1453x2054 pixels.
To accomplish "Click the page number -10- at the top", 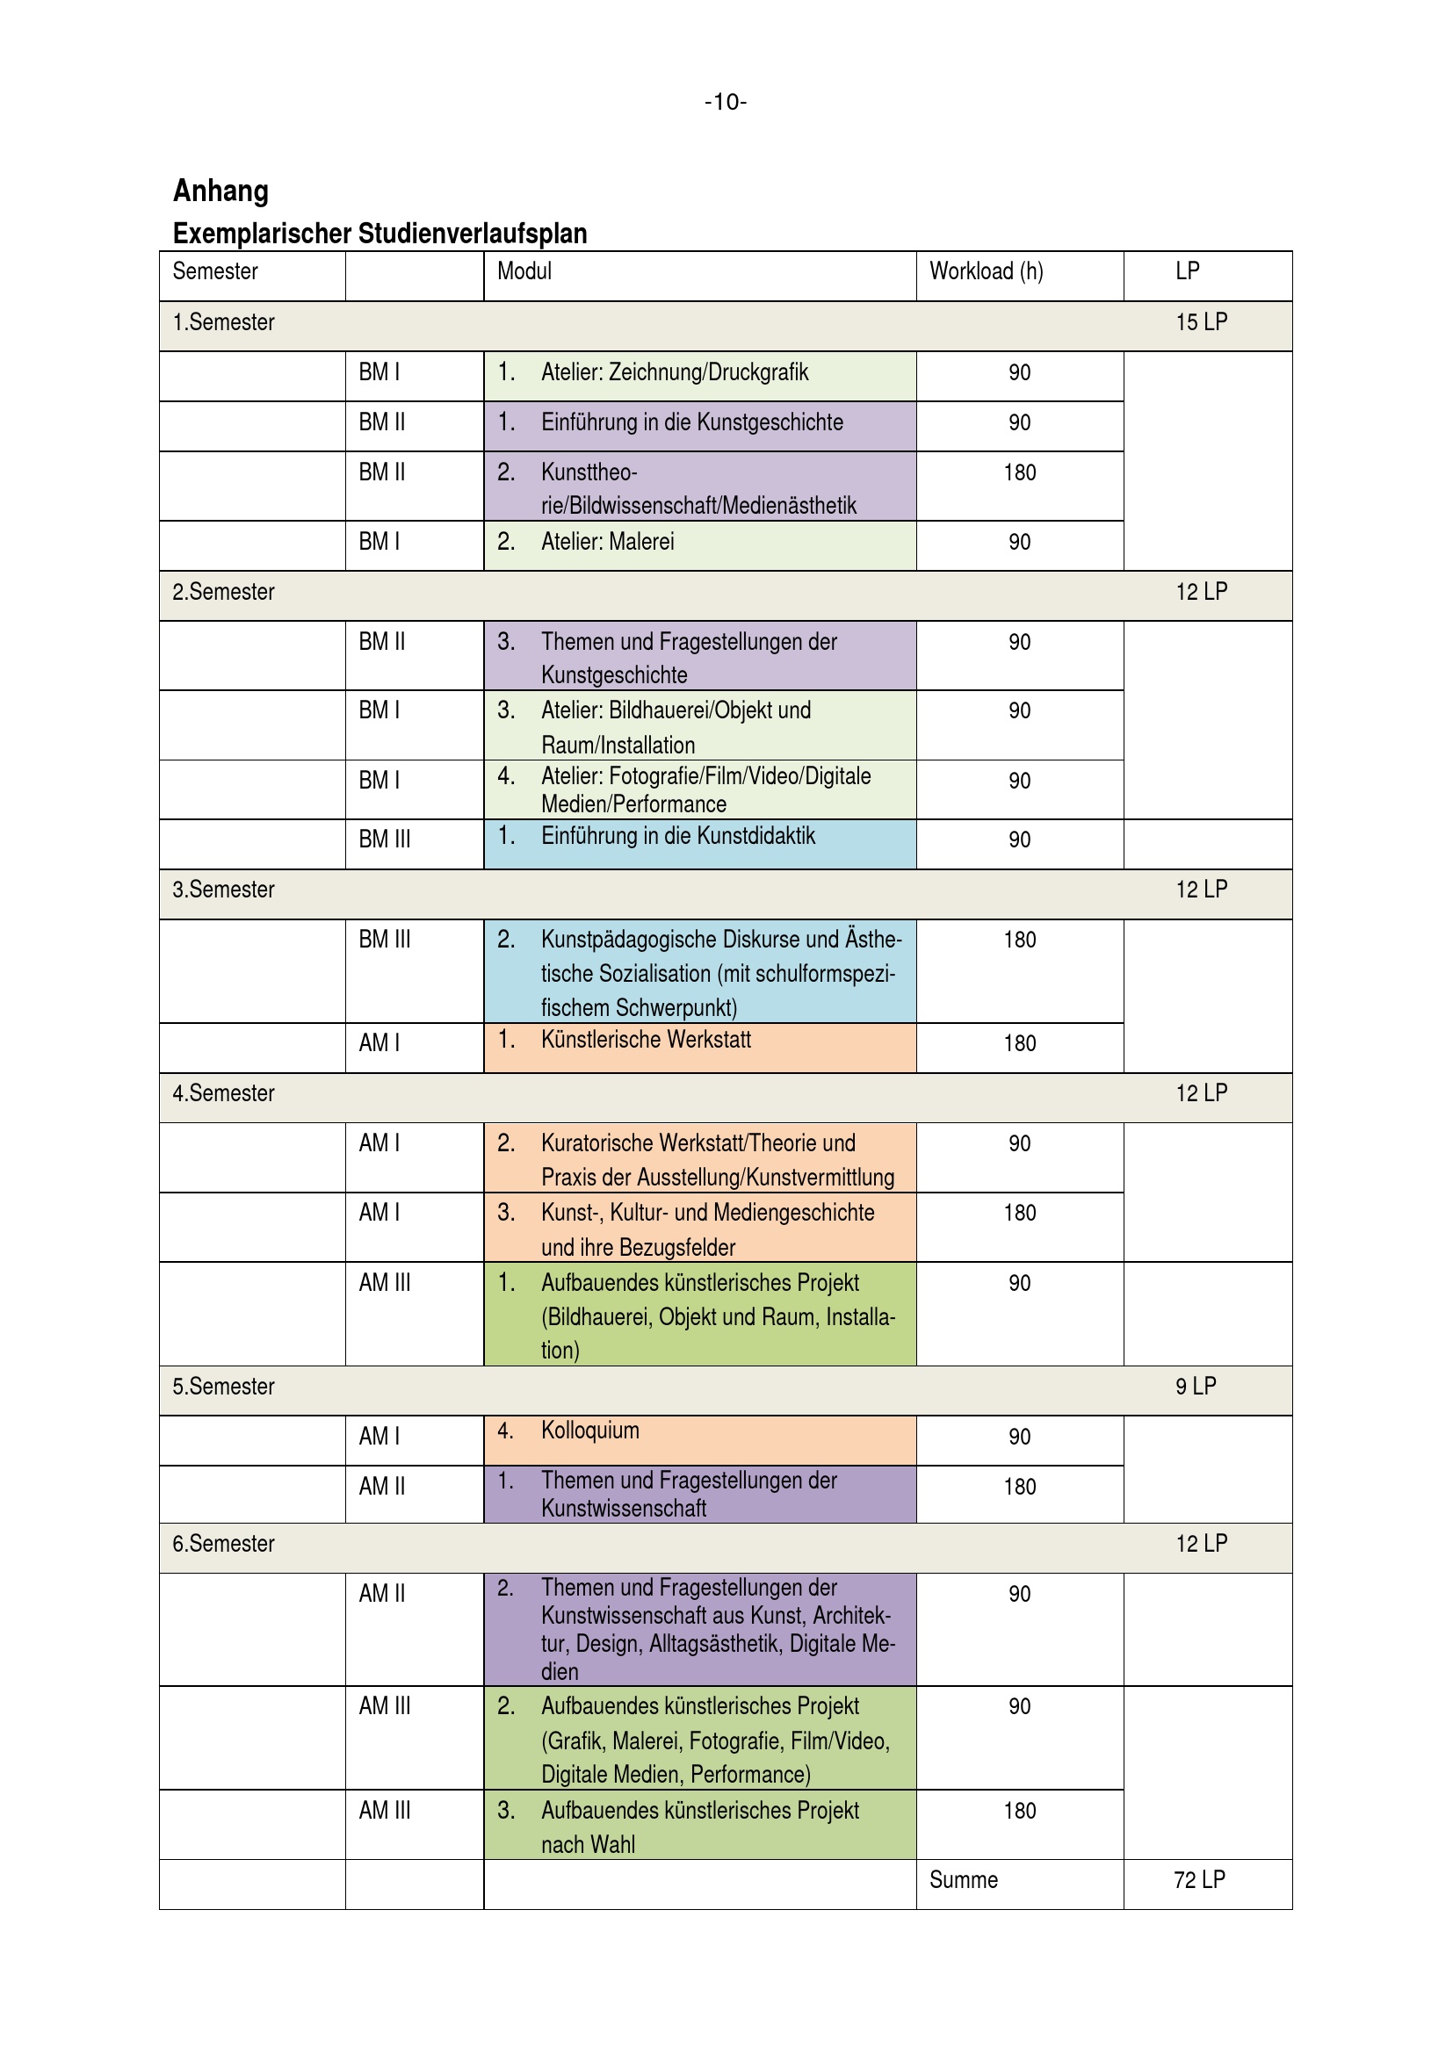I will pyautogui.click(x=725, y=102).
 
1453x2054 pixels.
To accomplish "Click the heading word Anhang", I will pyautogui.click(x=220, y=191).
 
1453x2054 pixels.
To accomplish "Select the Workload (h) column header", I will pyautogui.click(x=986, y=271).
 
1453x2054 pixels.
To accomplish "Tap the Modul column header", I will pyautogui.click(x=524, y=271).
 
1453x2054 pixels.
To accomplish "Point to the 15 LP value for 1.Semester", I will pyautogui.click(x=1201, y=322).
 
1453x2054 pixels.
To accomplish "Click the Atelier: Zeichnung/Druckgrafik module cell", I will pyautogui.click(x=675, y=372).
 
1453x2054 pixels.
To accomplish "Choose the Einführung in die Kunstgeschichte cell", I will pyautogui.click(x=691, y=422).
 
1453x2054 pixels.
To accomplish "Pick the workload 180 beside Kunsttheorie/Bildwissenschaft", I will pyautogui.click(x=1019, y=472).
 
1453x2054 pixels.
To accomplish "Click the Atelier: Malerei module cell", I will pyautogui.click(x=608, y=542).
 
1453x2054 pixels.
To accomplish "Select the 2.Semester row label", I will pyautogui.click(x=224, y=592).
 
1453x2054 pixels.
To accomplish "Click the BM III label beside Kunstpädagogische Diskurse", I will pyautogui.click(x=385, y=941).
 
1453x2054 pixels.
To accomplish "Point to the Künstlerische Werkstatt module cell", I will pyautogui.click(x=646, y=1041).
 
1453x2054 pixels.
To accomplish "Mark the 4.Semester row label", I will pyautogui.click(x=224, y=1093).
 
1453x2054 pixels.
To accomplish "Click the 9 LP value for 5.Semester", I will pyautogui.click(x=1196, y=1387).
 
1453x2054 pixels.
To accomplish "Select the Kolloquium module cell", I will pyautogui.click(x=589, y=1431).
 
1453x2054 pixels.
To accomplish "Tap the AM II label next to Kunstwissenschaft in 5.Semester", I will pyautogui.click(x=382, y=1487).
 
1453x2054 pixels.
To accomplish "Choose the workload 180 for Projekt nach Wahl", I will pyautogui.click(x=1019, y=1811).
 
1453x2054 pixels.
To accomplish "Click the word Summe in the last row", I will pyautogui.click(x=963, y=1879).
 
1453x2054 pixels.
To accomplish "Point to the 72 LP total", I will pyautogui.click(x=1199, y=1879).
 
